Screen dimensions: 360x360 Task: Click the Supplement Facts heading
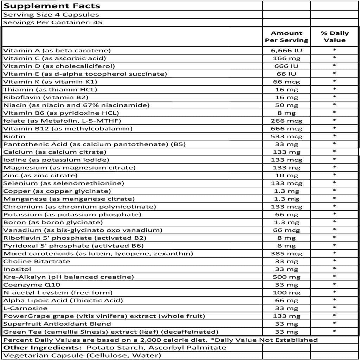point(52,6)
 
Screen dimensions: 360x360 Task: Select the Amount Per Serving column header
point(287,37)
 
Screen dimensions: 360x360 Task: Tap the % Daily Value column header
point(335,37)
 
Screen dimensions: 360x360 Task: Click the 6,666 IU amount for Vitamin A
point(287,51)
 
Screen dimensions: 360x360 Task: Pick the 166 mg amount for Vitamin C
point(287,58)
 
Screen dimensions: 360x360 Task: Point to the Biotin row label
point(14,136)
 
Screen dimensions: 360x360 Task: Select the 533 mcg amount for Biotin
point(287,136)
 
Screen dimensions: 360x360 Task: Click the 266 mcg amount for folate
point(287,121)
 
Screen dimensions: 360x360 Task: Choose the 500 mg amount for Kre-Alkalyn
point(287,277)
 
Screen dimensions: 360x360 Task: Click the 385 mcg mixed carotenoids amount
point(287,253)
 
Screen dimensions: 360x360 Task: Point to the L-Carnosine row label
point(20,308)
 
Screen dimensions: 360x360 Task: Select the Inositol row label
point(17,269)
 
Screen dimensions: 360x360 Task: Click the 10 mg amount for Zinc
point(287,175)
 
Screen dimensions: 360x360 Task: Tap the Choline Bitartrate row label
point(37,262)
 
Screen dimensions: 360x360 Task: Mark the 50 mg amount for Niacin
point(287,105)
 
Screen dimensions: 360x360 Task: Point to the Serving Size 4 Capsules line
point(51,15)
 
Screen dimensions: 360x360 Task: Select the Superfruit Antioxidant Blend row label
point(57,324)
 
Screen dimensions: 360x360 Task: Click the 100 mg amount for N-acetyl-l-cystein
point(287,292)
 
